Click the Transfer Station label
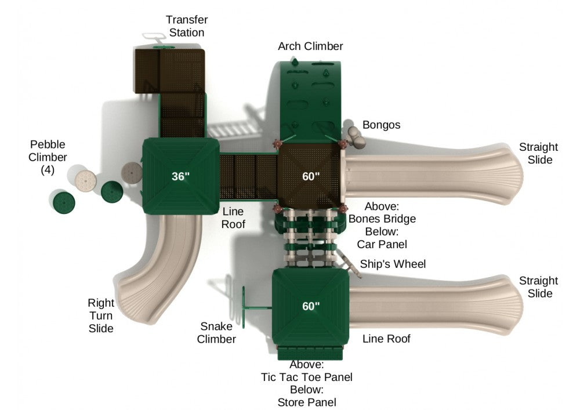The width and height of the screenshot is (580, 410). point(187,26)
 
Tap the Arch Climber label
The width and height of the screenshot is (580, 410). point(310,46)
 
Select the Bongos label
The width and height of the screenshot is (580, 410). point(381,125)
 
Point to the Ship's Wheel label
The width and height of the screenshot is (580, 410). point(393,264)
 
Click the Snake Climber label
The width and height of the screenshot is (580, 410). point(216,333)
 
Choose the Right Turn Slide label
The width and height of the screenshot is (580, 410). point(100,315)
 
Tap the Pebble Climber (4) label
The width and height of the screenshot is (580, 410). point(48,157)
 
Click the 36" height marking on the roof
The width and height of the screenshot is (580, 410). point(180,176)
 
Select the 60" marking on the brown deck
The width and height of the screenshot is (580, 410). point(311,176)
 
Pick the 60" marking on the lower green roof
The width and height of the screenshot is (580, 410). point(311,306)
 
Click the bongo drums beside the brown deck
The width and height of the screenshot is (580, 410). point(354,135)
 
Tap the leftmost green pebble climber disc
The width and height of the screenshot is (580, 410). point(63,202)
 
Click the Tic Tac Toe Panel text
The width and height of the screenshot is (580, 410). point(307,377)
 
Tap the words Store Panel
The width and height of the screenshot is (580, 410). point(307,402)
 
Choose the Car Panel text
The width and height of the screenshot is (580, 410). point(382,244)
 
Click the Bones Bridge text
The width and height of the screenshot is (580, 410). point(382,219)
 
